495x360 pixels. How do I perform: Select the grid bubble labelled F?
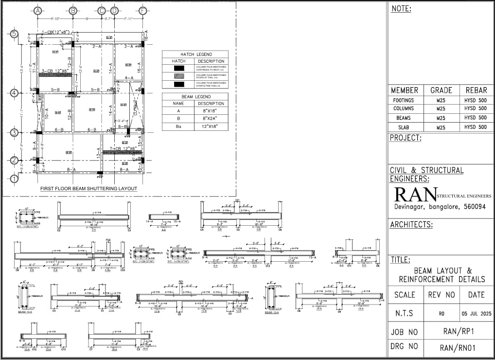click(142, 11)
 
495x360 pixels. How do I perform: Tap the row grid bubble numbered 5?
click(15, 34)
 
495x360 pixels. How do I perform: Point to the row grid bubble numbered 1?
click(15, 179)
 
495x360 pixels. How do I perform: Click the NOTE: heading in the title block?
click(401, 9)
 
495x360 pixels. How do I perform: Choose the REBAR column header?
click(476, 90)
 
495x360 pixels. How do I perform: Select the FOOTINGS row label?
click(404, 100)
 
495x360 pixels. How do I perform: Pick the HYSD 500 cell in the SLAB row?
click(476, 127)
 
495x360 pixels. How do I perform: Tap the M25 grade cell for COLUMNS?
click(441, 109)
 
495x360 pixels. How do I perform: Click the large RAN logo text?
click(415, 195)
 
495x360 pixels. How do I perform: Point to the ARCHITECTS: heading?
click(411, 224)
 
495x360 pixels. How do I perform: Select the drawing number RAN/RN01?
click(458, 348)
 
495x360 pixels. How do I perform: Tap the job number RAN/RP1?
click(458, 332)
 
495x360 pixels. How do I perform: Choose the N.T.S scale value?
click(404, 314)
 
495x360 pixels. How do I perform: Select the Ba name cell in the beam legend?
click(178, 126)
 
